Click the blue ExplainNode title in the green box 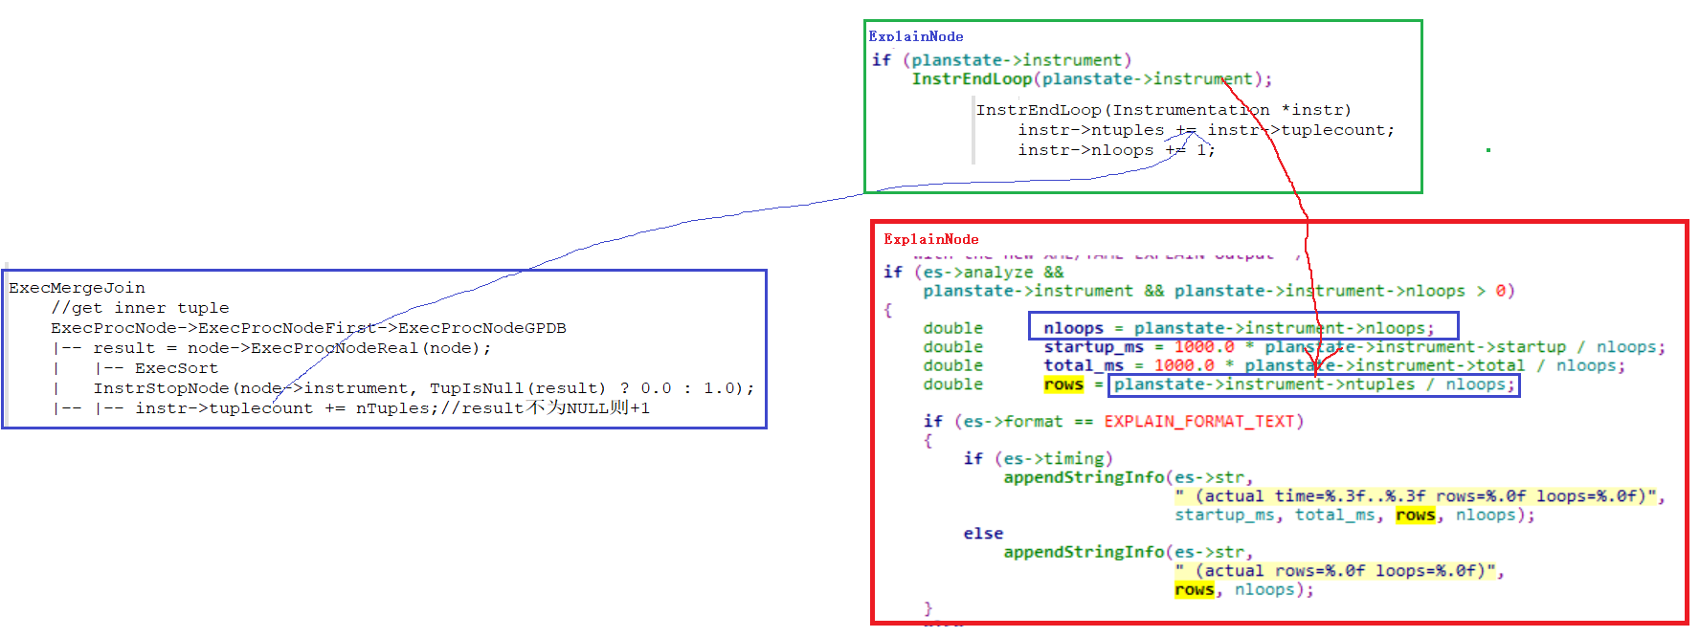coord(916,36)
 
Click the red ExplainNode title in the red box coord(930,239)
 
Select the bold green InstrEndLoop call coord(972,79)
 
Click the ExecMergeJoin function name coord(77,288)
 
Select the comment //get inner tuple coord(140,308)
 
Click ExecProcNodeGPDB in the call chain coord(481,328)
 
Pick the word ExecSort coord(176,368)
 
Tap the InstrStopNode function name coord(161,388)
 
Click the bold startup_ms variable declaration coord(1093,347)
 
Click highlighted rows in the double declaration coord(1063,384)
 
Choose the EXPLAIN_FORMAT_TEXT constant coord(1203,422)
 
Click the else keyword coord(983,534)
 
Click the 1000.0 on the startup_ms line coord(1203,347)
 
